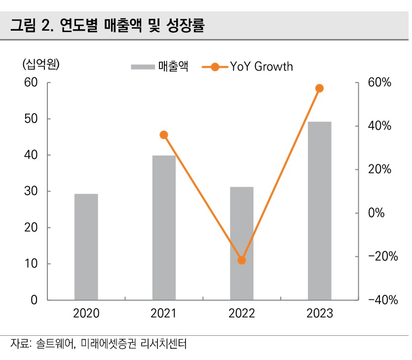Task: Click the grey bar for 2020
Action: click(x=86, y=247)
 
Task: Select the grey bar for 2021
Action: click(x=164, y=228)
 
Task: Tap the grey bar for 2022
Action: click(x=242, y=243)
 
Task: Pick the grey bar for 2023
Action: click(x=319, y=211)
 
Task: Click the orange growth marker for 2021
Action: click(x=164, y=135)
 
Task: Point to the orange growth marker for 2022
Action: click(x=242, y=260)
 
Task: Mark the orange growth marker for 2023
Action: click(x=319, y=88)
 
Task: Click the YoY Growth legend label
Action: click(x=262, y=66)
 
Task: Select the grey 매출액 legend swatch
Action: click(x=143, y=67)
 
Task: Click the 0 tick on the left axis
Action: click(x=34, y=300)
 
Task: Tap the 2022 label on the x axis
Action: click(x=242, y=313)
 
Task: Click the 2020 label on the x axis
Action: click(x=86, y=313)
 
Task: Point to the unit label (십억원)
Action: click(x=40, y=65)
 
